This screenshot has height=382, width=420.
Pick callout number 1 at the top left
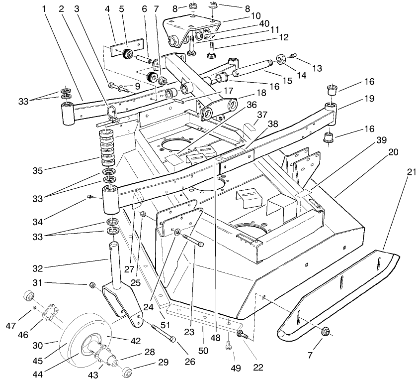click(45, 9)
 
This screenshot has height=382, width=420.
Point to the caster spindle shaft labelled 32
click(114, 264)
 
